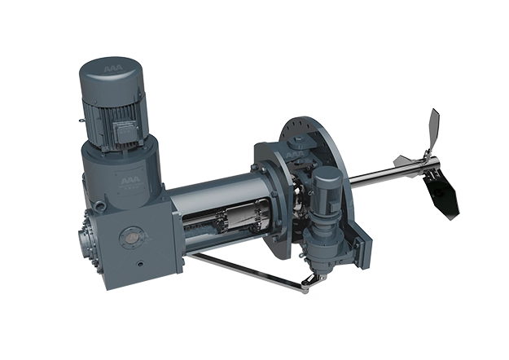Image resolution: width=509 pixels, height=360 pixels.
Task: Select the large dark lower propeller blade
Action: (x=445, y=194)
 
